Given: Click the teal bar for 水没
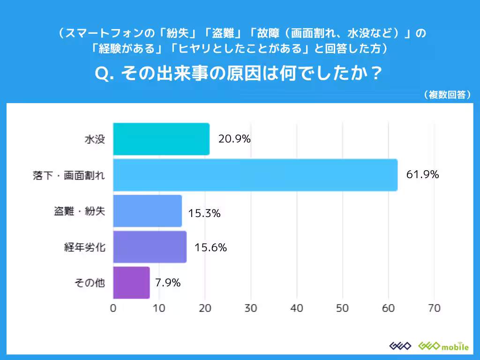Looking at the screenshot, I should tap(161, 139).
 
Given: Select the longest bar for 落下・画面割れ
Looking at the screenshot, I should tap(255, 175).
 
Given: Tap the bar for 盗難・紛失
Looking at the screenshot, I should tap(147, 211).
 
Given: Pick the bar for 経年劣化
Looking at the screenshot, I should tap(150, 247).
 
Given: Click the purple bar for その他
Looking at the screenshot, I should tap(131, 283).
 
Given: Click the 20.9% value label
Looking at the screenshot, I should tap(234, 139).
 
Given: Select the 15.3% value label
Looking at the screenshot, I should tap(204, 213).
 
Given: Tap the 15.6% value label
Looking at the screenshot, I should tap(211, 247).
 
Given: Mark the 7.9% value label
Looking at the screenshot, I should tap(167, 283).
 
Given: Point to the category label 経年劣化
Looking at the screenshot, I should tap(84, 247).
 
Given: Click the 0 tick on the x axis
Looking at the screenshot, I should tap(113, 308).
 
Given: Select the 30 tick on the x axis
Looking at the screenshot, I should tap(251, 308).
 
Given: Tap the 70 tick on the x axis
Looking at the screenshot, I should tap(434, 308).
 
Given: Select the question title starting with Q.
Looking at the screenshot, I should tap(240, 74).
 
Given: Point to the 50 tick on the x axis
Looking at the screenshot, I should tap(343, 308).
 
